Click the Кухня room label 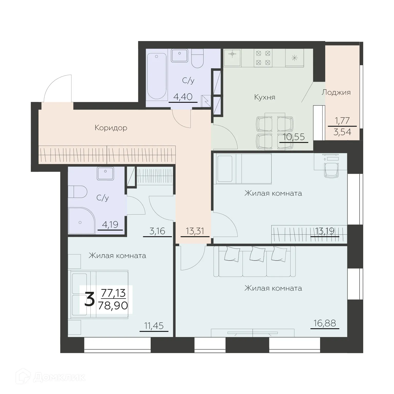click(265, 97)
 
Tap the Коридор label click(111, 128)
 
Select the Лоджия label click(336, 92)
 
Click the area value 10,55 click(294, 137)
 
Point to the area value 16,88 click(325, 323)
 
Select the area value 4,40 click(183, 97)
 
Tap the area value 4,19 click(110, 225)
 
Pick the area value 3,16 click(157, 231)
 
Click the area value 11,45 click(154, 326)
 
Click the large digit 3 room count click(89, 300)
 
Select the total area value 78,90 click(113, 306)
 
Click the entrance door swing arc click(58, 87)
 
